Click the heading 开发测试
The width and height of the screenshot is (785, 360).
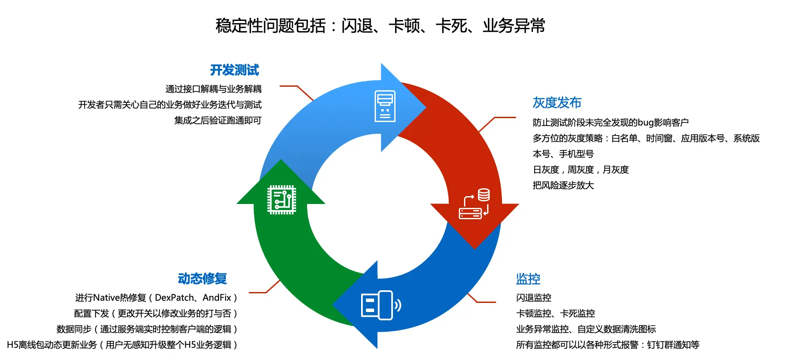[x=235, y=70]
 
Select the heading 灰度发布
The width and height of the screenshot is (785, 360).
[x=557, y=103]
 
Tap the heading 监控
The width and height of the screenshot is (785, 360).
[x=528, y=279]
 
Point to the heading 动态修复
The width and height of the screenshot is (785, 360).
[x=202, y=279]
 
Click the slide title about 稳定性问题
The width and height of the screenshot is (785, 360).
[x=380, y=26]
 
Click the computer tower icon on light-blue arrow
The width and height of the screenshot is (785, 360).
[x=385, y=106]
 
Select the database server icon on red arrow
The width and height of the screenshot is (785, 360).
[x=474, y=204]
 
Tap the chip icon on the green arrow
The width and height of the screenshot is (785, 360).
[x=282, y=200]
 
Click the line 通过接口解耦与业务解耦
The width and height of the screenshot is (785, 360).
[x=214, y=89]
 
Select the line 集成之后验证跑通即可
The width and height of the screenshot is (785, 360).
[x=218, y=121]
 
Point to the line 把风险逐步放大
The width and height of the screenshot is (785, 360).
[x=563, y=186]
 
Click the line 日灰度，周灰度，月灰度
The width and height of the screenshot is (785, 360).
[x=581, y=170]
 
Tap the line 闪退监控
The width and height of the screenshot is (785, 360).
[x=534, y=298]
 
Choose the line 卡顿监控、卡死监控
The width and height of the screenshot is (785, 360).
[x=556, y=314]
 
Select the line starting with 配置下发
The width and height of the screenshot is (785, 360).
[x=156, y=314]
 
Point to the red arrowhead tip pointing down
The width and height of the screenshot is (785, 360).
[x=475, y=249]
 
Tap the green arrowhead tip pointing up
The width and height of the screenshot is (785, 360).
[x=281, y=160]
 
